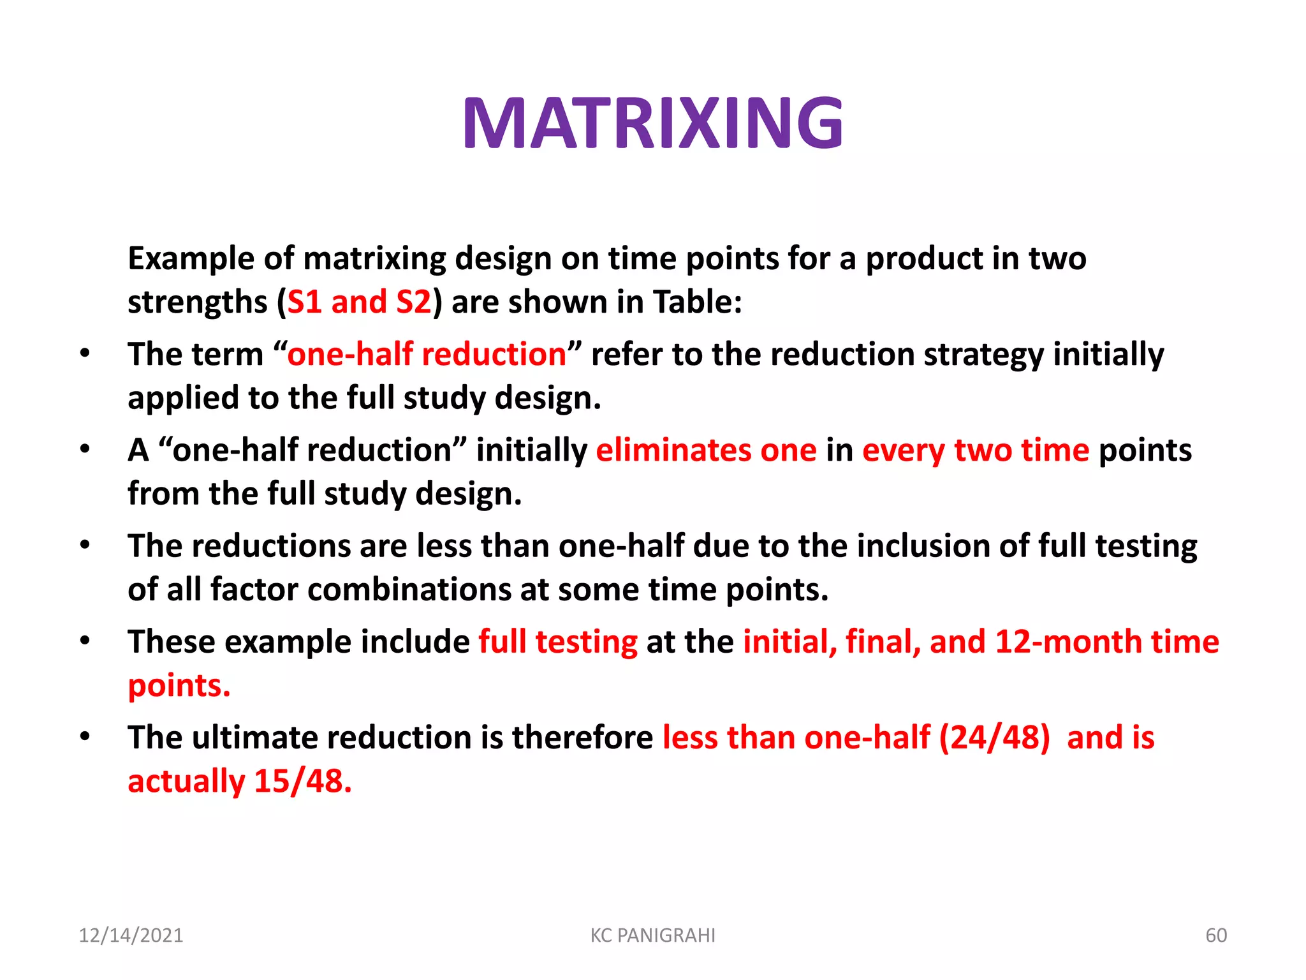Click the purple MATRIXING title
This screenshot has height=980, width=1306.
653,123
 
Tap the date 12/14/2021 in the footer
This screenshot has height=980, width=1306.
131,935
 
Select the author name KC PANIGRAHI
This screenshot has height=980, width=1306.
652,935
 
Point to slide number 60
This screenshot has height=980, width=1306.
1215,935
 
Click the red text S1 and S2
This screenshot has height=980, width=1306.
359,302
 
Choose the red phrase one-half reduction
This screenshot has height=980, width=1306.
427,354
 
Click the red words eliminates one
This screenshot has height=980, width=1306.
706,450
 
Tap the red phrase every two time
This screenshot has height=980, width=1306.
976,450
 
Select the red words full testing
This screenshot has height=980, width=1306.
558,642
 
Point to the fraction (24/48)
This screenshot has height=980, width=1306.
994,738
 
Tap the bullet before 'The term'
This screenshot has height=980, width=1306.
85,353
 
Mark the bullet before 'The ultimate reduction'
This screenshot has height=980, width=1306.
85,737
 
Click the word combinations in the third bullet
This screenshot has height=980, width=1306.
409,590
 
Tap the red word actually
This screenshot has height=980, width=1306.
186,782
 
